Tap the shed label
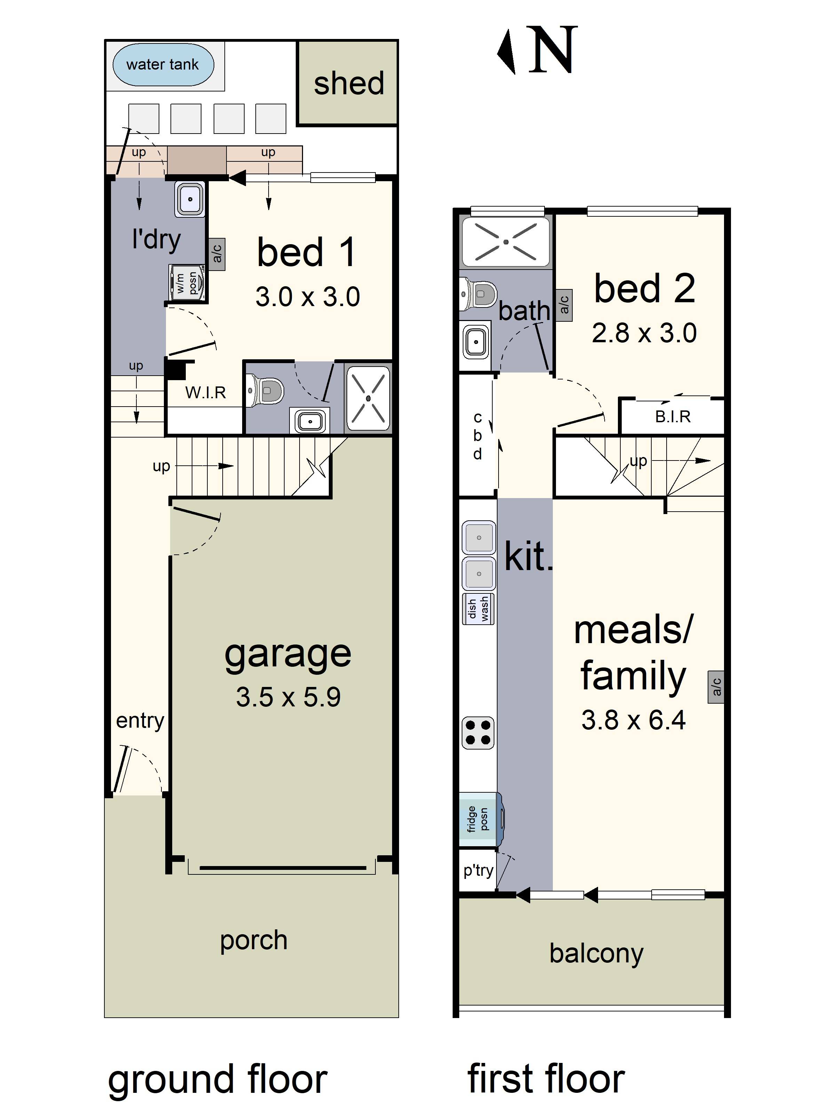348,83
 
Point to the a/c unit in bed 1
216,254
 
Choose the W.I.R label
205,392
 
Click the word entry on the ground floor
140,721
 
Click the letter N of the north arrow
552,50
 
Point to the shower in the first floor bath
505,242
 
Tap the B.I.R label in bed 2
673,417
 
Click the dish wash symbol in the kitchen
478,609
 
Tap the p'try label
478,871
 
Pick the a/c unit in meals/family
716,687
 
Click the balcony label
596,953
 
